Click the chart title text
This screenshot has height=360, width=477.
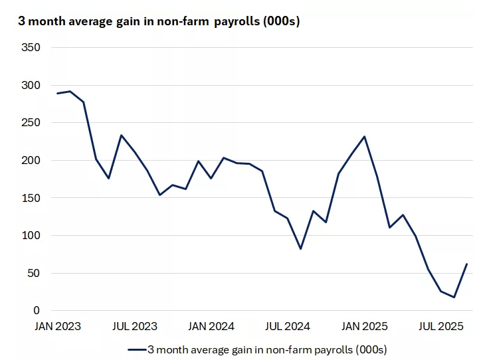pos(159,21)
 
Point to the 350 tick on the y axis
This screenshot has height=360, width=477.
pos(32,48)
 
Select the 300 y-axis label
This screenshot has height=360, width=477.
pos(32,86)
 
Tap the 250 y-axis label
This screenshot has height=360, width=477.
pos(32,123)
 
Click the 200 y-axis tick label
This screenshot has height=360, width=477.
pos(32,161)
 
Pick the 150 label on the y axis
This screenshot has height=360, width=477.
pos(32,198)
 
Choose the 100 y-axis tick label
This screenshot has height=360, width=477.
pos(32,236)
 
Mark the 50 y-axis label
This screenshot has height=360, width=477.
pos(35,273)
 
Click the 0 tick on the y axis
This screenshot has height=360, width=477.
pos(37,311)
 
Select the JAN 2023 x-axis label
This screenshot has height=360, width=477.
pos(58,326)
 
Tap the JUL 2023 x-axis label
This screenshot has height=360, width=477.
pos(134,326)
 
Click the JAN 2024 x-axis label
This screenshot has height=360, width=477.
pos(211,326)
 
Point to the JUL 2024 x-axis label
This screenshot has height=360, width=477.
pos(288,326)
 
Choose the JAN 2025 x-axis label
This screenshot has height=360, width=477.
pos(365,326)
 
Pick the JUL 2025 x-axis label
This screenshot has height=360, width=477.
pos(441,326)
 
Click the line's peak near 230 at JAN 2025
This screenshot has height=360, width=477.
pos(365,137)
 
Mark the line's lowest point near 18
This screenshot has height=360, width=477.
pos(454,297)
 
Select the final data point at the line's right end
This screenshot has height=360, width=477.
pos(467,264)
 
